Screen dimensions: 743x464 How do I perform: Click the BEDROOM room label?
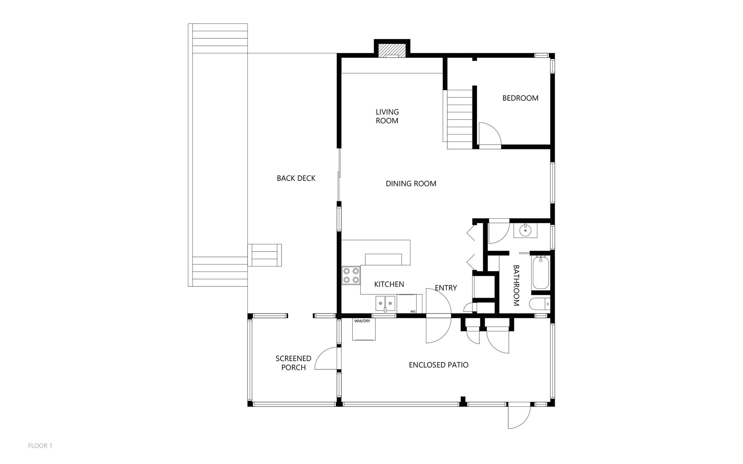click(x=520, y=98)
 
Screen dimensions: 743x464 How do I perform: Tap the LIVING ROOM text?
click(x=387, y=116)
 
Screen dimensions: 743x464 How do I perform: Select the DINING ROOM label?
click(x=411, y=184)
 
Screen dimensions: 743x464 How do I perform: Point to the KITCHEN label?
click(x=389, y=284)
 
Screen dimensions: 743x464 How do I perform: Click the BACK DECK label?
click(x=296, y=178)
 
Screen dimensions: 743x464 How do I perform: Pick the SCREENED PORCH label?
click(x=293, y=363)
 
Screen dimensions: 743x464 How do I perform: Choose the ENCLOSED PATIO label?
click(x=439, y=365)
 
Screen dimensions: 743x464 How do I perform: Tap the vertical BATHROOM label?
click(x=517, y=285)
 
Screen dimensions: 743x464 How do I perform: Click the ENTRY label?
click(x=446, y=288)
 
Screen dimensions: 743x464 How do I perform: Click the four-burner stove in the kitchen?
click(x=351, y=275)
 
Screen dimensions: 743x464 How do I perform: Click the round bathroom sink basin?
click(x=525, y=230)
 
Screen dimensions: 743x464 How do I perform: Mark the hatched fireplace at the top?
click(x=392, y=51)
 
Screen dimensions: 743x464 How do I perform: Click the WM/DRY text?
click(x=362, y=321)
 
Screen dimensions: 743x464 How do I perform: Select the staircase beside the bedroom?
click(x=460, y=120)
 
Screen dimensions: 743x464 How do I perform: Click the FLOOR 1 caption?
click(x=40, y=446)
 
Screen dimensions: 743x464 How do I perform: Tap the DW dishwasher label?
click(x=412, y=311)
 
